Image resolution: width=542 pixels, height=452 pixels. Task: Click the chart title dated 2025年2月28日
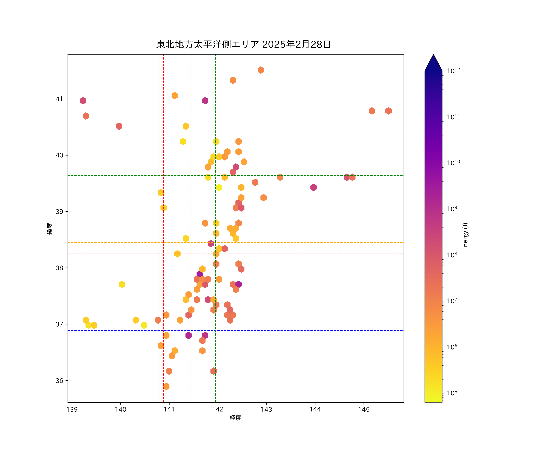tap(243, 44)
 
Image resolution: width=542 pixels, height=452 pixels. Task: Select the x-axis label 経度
tap(235, 418)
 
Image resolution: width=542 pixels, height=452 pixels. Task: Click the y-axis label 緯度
tap(50, 229)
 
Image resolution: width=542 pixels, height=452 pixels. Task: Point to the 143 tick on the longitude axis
tap(266, 409)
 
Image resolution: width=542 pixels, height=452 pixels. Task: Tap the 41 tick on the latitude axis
tap(59, 99)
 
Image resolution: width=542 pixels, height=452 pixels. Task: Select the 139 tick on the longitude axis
tap(72, 409)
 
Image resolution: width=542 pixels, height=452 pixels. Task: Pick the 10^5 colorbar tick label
tap(452, 393)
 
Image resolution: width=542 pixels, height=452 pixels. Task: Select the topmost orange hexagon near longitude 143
tap(261, 70)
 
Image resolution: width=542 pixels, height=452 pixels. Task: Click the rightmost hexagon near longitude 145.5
tap(388, 111)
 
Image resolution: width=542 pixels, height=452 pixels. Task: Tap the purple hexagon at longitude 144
tap(313, 188)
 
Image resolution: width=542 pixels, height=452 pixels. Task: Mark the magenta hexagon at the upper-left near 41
tap(83, 100)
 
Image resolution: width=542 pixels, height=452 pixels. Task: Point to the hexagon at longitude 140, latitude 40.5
tap(119, 126)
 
